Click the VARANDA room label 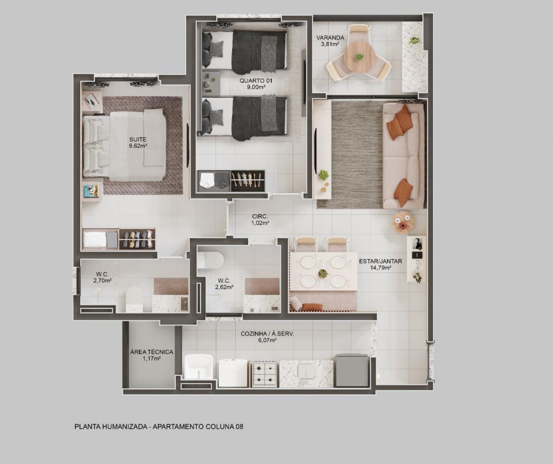[x=330, y=38]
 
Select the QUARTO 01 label [x=256, y=80]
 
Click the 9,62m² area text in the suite [x=138, y=146]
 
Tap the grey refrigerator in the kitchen [x=352, y=370]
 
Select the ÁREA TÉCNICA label [x=152, y=352]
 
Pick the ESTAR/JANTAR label [x=380, y=261]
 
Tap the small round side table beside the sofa [x=403, y=221]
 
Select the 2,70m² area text [x=102, y=280]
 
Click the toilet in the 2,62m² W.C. [x=211, y=260]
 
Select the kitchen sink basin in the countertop [x=306, y=370]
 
